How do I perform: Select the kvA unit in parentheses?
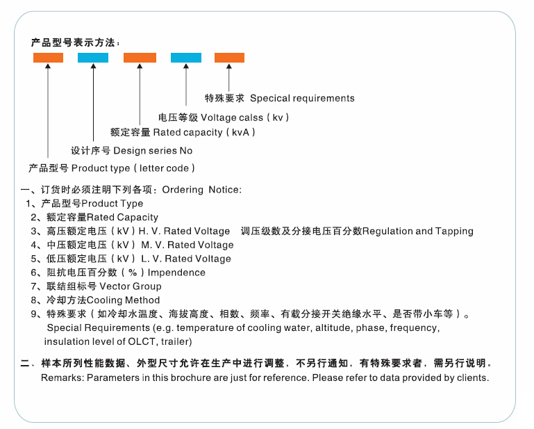point(240,132)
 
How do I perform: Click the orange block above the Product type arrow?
point(48,58)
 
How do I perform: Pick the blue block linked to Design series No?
point(93,58)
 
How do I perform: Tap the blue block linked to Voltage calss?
point(186,58)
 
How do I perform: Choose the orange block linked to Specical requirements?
point(229,58)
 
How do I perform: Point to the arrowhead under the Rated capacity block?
point(140,66)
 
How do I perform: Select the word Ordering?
point(183,190)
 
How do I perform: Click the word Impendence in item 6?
point(176,273)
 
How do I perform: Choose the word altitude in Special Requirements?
point(334,328)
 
